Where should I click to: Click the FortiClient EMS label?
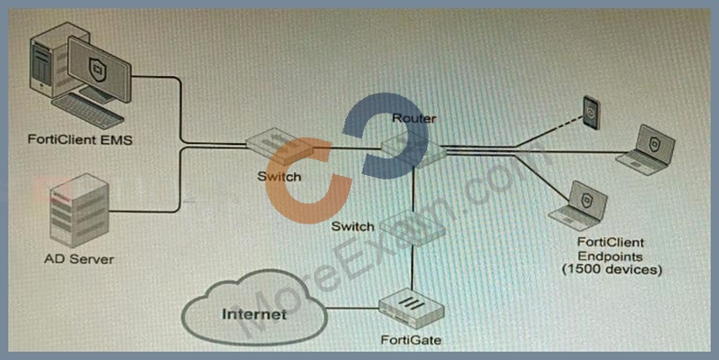pos(80,139)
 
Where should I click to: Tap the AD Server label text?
pos(80,259)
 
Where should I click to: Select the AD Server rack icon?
pos(79,211)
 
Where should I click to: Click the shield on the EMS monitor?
pos(98,70)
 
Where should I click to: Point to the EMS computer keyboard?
pos(88,112)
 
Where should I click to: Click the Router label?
pos(414,118)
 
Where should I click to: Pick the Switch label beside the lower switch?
pos(352,226)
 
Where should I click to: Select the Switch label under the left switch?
pos(279,177)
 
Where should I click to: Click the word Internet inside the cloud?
pos(255,314)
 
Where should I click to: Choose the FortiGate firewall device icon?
pos(413,311)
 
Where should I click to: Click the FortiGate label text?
pos(411,340)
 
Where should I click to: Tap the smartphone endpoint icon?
pos(591,113)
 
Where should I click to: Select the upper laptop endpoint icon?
pos(646,149)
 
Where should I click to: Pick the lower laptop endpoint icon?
pos(579,205)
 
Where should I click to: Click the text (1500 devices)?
pos(612,270)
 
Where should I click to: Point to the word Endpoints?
pos(610,256)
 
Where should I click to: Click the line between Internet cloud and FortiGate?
pos(353,308)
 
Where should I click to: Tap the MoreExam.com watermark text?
pos(395,238)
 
